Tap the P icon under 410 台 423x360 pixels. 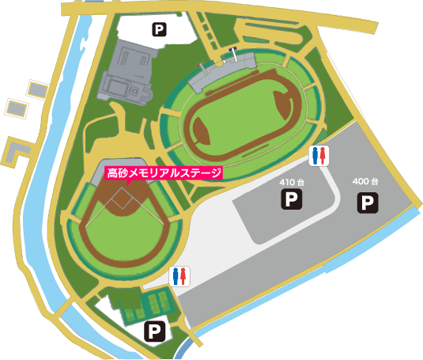click(x=292, y=199)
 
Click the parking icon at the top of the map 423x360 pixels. click(x=159, y=31)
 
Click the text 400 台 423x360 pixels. click(x=366, y=182)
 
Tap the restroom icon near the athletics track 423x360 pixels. click(x=318, y=156)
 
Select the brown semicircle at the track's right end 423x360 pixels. click(x=283, y=101)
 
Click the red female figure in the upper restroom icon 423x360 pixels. click(x=323, y=156)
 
